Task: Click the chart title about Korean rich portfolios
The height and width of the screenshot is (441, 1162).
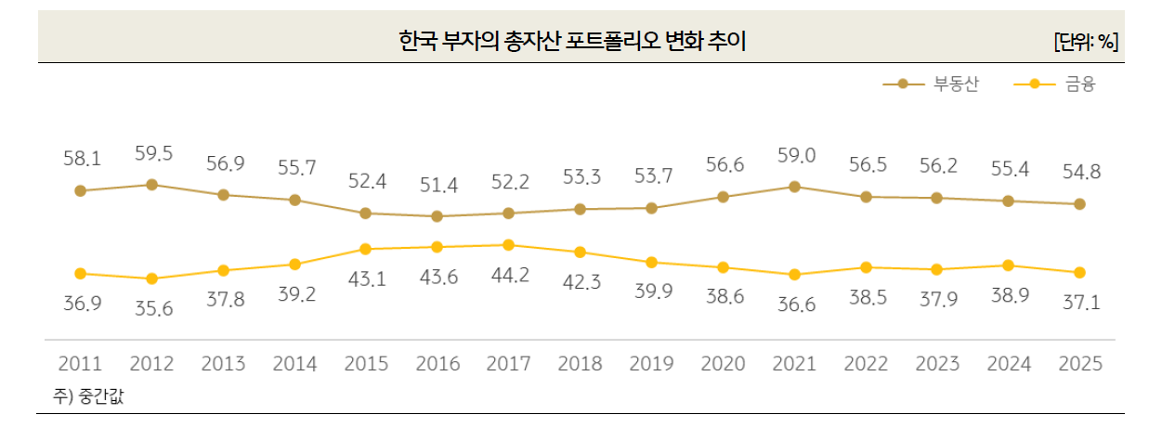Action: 572,41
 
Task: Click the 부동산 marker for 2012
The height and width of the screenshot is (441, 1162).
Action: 152,185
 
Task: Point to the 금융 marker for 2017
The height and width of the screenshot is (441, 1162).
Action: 509,245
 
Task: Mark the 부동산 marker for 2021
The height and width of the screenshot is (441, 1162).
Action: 794,187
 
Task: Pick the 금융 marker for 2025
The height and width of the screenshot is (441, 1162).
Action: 1079,273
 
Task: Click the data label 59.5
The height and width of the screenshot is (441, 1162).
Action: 152,154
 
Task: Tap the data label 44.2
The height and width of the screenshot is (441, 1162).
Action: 509,276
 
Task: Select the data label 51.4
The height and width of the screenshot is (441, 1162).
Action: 437,186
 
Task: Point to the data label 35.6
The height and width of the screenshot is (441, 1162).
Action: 152,309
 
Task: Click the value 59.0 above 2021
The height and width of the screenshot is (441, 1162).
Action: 794,156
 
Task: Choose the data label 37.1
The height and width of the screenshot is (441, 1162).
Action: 1079,304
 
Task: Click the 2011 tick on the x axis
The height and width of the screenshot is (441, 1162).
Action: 81,364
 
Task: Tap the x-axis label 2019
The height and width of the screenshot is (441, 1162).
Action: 651,364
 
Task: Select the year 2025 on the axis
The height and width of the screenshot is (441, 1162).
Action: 1079,364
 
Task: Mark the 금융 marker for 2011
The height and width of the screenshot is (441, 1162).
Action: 81,274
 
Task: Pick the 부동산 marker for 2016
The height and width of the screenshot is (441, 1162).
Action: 437,216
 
